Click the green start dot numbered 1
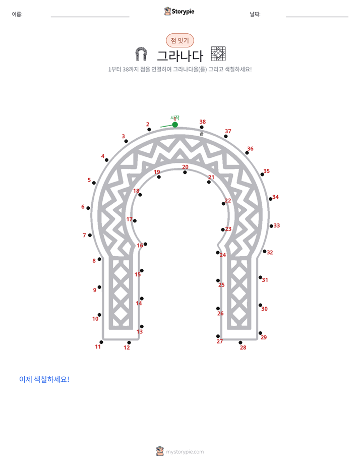click(175, 125)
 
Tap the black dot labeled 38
click(202, 127)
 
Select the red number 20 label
click(185, 167)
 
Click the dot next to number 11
click(101, 342)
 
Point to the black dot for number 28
click(241, 342)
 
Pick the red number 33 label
click(276, 225)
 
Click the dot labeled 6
click(88, 208)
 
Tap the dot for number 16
click(145, 244)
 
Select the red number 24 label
click(223, 255)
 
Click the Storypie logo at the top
click(179, 12)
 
